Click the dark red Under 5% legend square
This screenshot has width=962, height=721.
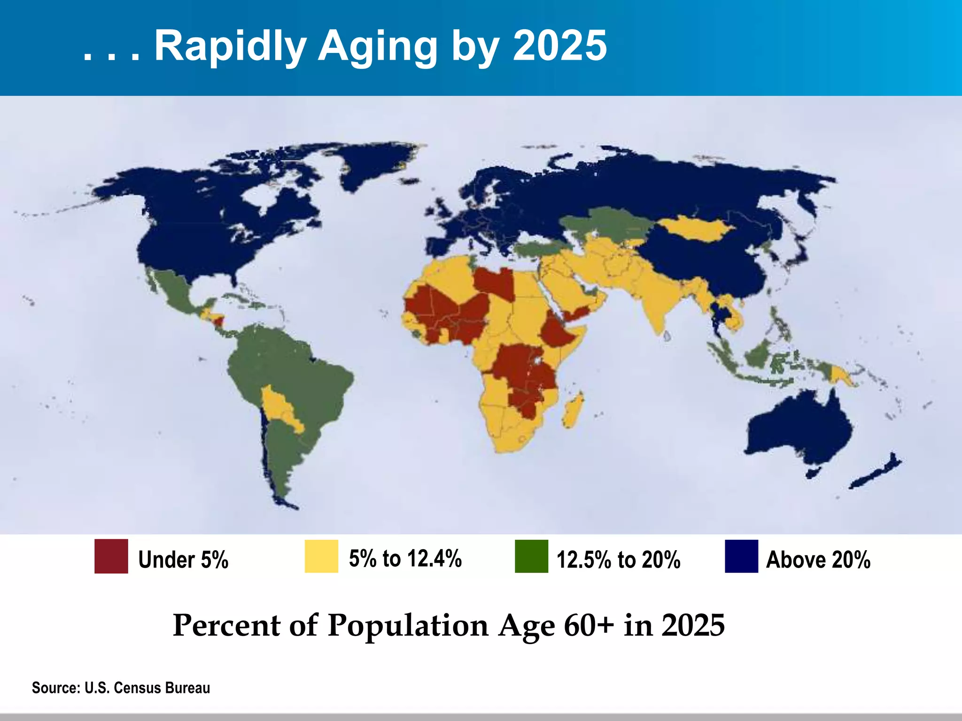[x=111, y=556]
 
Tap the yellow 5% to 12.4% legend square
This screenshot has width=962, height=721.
[x=321, y=556]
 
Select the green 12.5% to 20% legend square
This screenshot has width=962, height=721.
[x=531, y=556]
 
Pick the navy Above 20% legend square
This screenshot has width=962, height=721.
[x=741, y=556]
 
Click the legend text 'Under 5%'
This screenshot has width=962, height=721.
[x=183, y=560]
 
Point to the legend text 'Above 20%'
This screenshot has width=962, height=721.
[x=818, y=560]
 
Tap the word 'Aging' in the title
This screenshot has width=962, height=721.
[x=378, y=47]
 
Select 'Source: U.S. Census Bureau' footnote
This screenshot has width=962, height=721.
[x=121, y=688]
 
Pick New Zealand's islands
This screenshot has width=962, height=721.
[x=874, y=474]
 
